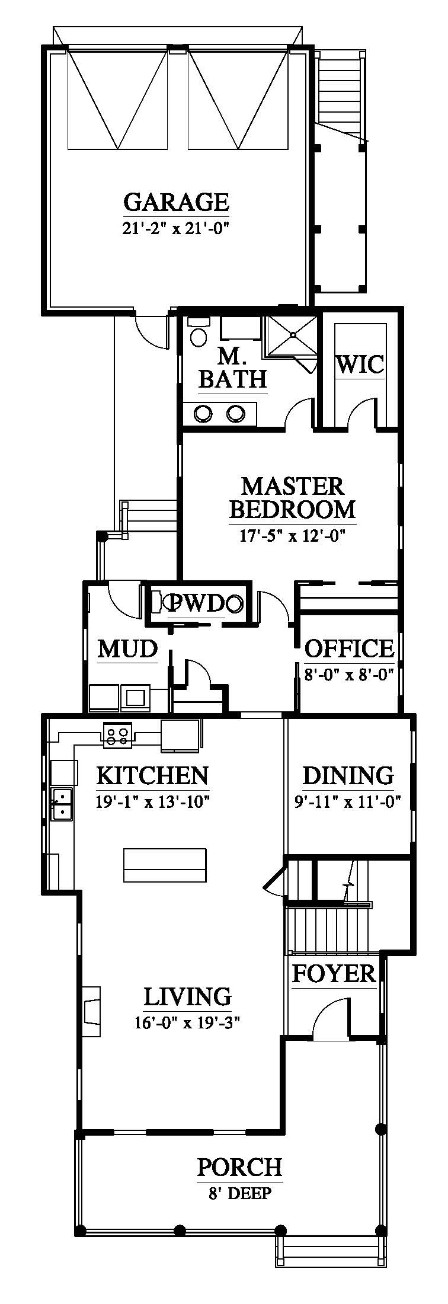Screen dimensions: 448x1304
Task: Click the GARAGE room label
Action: pyautogui.click(x=176, y=203)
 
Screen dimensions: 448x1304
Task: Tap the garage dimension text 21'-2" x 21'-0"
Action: pyautogui.click(x=176, y=228)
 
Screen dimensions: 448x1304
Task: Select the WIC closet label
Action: pyautogui.click(x=360, y=364)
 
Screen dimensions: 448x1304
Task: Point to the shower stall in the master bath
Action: pyautogui.click(x=292, y=337)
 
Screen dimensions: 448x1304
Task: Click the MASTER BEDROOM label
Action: pyautogui.click(x=293, y=498)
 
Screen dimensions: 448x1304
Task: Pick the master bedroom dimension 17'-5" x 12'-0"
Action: pyautogui.click(x=293, y=536)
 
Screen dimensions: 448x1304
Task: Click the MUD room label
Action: pyautogui.click(x=128, y=649)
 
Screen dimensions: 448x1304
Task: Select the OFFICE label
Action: pyautogui.click(x=350, y=648)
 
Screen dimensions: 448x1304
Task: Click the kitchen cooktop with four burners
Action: pyautogui.click(x=116, y=734)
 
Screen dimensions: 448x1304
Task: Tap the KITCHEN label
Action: pyautogui.click(x=152, y=775)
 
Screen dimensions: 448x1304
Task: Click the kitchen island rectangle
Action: pyautogui.click(x=165, y=865)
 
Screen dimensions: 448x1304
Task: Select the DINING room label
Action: pyautogui.click(x=348, y=775)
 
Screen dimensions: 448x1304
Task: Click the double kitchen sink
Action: pyautogui.click(x=62, y=804)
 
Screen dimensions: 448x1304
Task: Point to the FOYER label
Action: pyautogui.click(x=334, y=973)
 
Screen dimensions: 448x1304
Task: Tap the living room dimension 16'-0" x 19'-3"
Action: pyautogui.click(x=187, y=1022)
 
